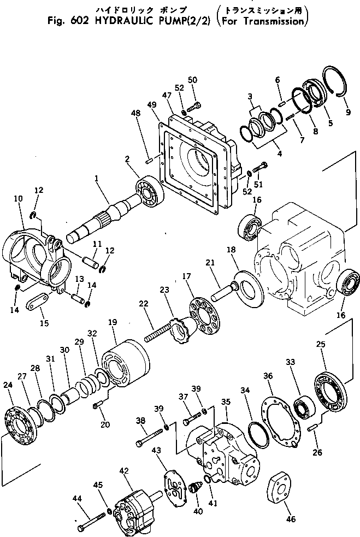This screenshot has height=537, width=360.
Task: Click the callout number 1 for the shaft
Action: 97,178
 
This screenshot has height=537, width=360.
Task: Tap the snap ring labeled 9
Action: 334,82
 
